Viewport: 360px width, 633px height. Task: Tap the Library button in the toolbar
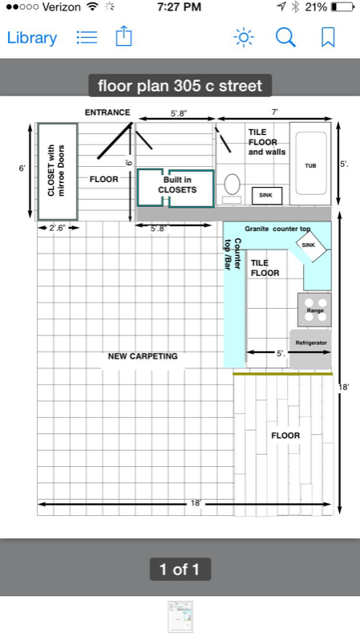pos(32,38)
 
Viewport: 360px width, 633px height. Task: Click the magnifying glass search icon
pos(285,38)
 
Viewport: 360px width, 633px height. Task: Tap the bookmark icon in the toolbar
pos(328,38)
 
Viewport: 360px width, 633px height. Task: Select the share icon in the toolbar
pos(124,36)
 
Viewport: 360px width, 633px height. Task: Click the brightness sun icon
pos(244,38)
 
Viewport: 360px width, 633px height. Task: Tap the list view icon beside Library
pos(87,38)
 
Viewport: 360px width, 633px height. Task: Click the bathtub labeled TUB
pos(310,164)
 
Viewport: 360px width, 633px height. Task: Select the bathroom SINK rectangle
pos(267,196)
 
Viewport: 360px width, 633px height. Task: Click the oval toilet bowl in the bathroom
pos(232,184)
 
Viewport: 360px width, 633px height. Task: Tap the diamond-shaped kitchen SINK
pos(311,245)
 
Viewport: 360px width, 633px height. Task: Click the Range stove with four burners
pos(314,310)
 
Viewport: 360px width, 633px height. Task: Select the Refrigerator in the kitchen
pos(310,349)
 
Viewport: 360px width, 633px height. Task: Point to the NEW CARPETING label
pos(143,356)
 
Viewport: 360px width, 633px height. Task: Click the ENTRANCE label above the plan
pos(107,112)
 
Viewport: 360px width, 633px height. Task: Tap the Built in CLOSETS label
pos(177,185)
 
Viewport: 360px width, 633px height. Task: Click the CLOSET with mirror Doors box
pos(58,172)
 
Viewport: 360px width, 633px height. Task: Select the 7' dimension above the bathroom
pos(275,112)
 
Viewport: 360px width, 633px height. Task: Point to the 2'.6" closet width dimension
pos(58,228)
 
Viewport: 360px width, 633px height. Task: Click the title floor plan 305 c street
pos(180,86)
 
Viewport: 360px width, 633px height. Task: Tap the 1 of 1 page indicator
pos(180,569)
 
